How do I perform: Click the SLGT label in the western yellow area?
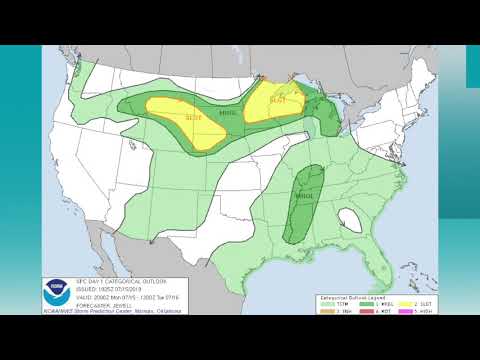(193, 117)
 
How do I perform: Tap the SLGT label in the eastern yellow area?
(278, 99)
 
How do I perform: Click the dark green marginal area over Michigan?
(328, 114)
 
